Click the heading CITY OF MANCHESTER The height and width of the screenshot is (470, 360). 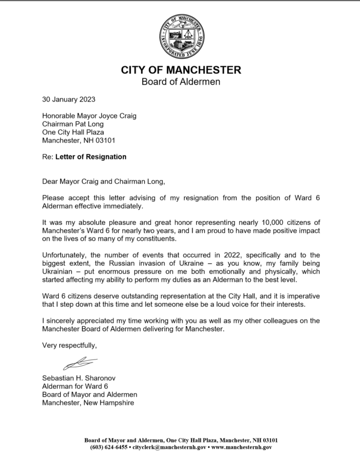pyautogui.click(x=181, y=71)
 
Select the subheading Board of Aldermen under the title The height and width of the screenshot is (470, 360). pyautogui.click(x=181, y=83)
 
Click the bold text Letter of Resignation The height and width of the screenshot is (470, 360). pyautogui.click(x=91, y=157)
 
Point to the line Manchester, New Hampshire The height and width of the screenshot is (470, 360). pyautogui.click(x=88, y=403)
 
